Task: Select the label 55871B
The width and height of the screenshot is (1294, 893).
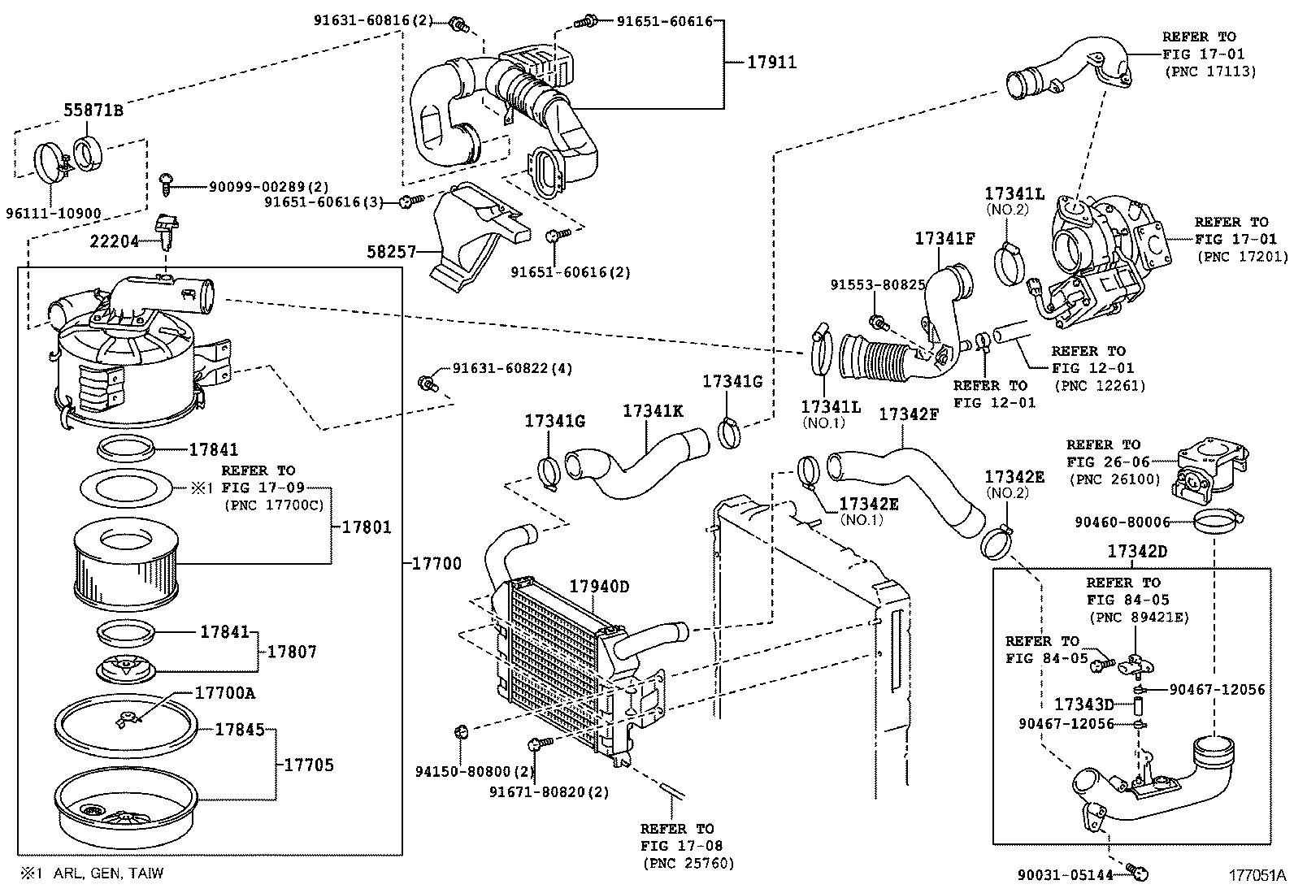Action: pyautogui.click(x=93, y=111)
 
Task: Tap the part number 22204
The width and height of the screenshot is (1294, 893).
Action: pyautogui.click(x=114, y=241)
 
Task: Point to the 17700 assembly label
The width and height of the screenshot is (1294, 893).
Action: pyautogui.click(x=436, y=563)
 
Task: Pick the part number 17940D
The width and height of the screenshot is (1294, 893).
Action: pyautogui.click(x=599, y=587)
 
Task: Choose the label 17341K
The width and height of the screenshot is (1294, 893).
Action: pyautogui.click(x=653, y=411)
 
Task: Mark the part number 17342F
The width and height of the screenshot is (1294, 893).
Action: pyautogui.click(x=909, y=414)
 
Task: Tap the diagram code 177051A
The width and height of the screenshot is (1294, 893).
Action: pyautogui.click(x=1257, y=876)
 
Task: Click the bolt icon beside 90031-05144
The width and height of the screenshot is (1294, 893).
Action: pyautogui.click(x=1140, y=873)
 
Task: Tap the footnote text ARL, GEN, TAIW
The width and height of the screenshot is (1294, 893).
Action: pyautogui.click(x=108, y=873)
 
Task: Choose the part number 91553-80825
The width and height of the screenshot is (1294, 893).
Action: pyautogui.click(x=878, y=285)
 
